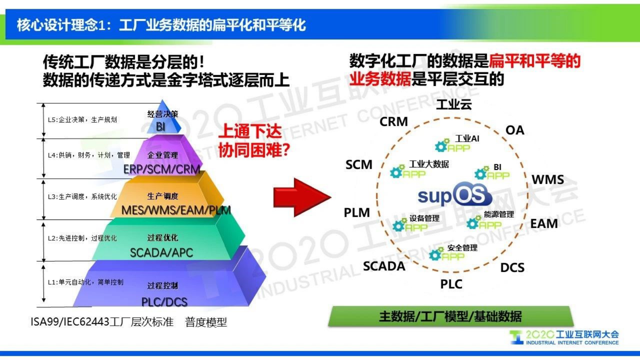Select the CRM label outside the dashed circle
[394, 121]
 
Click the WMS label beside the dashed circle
[547, 180]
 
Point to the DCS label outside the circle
[512, 268]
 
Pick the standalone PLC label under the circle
[451, 284]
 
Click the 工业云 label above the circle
[454, 105]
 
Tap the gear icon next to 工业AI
[442, 146]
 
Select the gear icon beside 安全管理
[435, 255]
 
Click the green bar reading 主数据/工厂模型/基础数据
[450, 316]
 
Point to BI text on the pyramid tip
[161, 127]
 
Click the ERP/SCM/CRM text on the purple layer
[162, 169]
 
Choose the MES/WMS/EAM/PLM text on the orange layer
[176, 210]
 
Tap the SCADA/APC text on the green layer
[161, 253]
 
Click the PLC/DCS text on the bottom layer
[164, 302]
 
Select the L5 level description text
[82, 120]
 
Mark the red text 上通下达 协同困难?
[254, 141]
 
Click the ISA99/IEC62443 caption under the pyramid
[102, 322]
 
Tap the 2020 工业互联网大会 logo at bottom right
[565, 337]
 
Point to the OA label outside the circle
[515, 130]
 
